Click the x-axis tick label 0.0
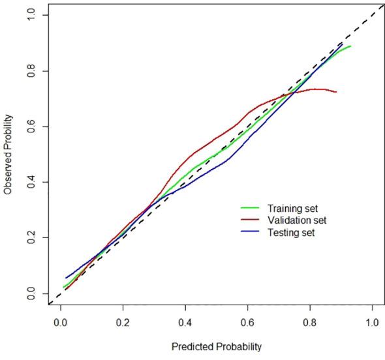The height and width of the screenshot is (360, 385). point(61,322)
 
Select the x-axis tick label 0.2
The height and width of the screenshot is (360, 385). point(123,322)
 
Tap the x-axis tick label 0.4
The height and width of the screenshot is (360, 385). point(185,322)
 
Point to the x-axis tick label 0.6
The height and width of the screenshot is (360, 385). point(247,322)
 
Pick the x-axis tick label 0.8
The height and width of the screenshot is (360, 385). point(310,322)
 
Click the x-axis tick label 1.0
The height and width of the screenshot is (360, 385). point(372,322)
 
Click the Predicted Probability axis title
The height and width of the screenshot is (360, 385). point(216,347)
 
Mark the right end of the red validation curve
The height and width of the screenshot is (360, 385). point(336,92)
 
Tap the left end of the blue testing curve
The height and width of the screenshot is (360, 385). point(65,278)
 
